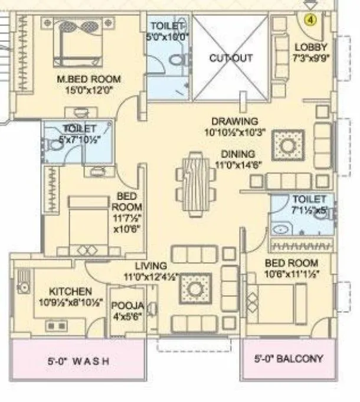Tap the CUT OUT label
[231, 58]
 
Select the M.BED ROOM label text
[89, 79]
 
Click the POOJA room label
[127, 305]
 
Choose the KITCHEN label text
[70, 292]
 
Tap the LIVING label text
[150, 266]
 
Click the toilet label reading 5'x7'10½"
[76, 133]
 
